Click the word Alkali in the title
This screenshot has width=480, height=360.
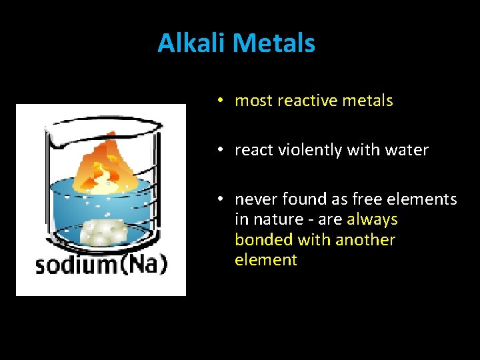click(x=193, y=43)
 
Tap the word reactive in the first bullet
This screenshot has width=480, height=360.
click(x=303, y=101)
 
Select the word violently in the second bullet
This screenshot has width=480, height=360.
click(x=303, y=150)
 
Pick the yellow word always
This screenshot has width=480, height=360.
click(x=372, y=219)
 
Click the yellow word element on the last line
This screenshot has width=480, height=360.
click(x=265, y=260)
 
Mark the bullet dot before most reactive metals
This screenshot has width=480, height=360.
click(x=219, y=101)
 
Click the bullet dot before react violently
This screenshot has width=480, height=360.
click(x=219, y=150)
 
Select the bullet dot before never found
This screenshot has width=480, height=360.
click(x=219, y=199)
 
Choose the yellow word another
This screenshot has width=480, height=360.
click(x=365, y=240)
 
